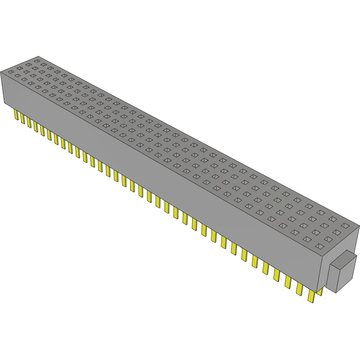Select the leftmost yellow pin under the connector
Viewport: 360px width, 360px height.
point(16,115)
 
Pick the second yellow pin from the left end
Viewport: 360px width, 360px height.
point(22,118)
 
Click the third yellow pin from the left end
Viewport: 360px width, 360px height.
point(29,121)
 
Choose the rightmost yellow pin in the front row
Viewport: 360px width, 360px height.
point(311,296)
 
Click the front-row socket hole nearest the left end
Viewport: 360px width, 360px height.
point(10,72)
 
